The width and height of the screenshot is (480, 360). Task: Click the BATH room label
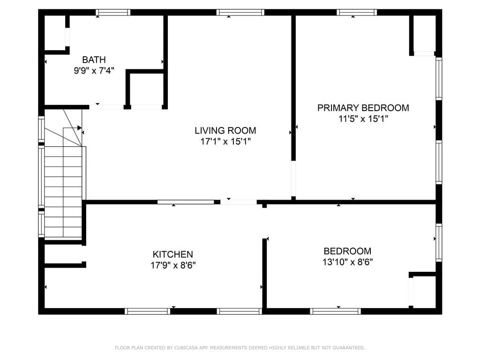pos(94,60)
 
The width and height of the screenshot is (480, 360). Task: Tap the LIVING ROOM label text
pos(225,130)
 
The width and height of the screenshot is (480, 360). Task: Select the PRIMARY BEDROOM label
pos(363,108)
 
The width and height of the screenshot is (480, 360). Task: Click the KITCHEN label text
pos(172,255)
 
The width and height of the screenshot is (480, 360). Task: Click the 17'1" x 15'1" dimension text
pos(225,142)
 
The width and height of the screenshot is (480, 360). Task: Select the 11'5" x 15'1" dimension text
pos(363,119)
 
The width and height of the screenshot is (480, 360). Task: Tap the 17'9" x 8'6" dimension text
pos(172,265)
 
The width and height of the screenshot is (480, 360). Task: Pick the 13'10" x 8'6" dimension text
pos(347,262)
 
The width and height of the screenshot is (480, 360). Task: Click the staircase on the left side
pos(64,187)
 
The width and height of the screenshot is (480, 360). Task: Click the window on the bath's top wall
pos(113,13)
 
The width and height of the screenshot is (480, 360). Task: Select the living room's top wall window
pos(240,13)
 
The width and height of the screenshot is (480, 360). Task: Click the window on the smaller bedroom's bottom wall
pos(336,311)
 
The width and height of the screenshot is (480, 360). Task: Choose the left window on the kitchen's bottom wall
pos(148,311)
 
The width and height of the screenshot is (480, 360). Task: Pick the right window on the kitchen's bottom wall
pos(240,311)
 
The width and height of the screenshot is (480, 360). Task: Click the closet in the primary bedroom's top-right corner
pos(424,34)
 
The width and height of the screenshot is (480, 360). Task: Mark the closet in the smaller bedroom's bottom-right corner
pos(424,291)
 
